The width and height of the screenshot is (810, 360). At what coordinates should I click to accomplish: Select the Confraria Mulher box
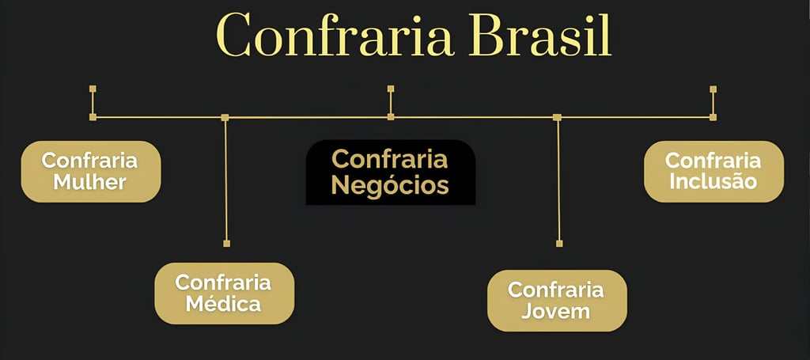[90, 171]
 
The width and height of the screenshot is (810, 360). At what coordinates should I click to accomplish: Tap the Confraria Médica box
[224, 293]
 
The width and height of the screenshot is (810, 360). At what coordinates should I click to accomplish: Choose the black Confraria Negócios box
[390, 172]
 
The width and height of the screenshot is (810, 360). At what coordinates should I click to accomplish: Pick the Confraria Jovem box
[556, 300]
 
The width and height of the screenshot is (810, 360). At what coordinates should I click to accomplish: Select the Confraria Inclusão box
[713, 171]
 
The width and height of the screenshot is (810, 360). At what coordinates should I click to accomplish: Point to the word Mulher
[90, 182]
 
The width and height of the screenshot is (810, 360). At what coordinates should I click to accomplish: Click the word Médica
[224, 304]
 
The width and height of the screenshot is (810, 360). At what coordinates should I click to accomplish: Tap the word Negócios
[390, 186]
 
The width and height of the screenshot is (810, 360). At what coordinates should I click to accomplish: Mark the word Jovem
[556, 311]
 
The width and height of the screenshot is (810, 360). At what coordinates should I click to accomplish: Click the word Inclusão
[713, 181]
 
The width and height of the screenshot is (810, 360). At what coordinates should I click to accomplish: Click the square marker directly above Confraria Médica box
[226, 243]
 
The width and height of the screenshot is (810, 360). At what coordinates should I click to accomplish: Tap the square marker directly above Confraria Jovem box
[559, 243]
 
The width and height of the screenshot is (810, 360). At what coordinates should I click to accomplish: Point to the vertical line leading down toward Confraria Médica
[226, 182]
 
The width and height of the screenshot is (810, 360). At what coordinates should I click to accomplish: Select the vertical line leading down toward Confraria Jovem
[558, 182]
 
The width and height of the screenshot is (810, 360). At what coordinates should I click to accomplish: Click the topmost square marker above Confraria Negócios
[391, 89]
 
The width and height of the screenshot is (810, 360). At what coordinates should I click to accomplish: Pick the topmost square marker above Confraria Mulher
[93, 89]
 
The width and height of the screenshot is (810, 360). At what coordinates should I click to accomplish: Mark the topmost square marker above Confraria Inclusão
[713, 89]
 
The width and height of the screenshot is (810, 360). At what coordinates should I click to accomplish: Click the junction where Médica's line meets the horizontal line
[225, 117]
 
